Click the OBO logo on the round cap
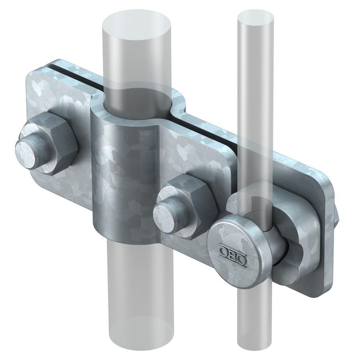click(x=232, y=251)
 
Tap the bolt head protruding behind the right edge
click(x=337, y=216)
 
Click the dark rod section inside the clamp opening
click(x=138, y=100)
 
